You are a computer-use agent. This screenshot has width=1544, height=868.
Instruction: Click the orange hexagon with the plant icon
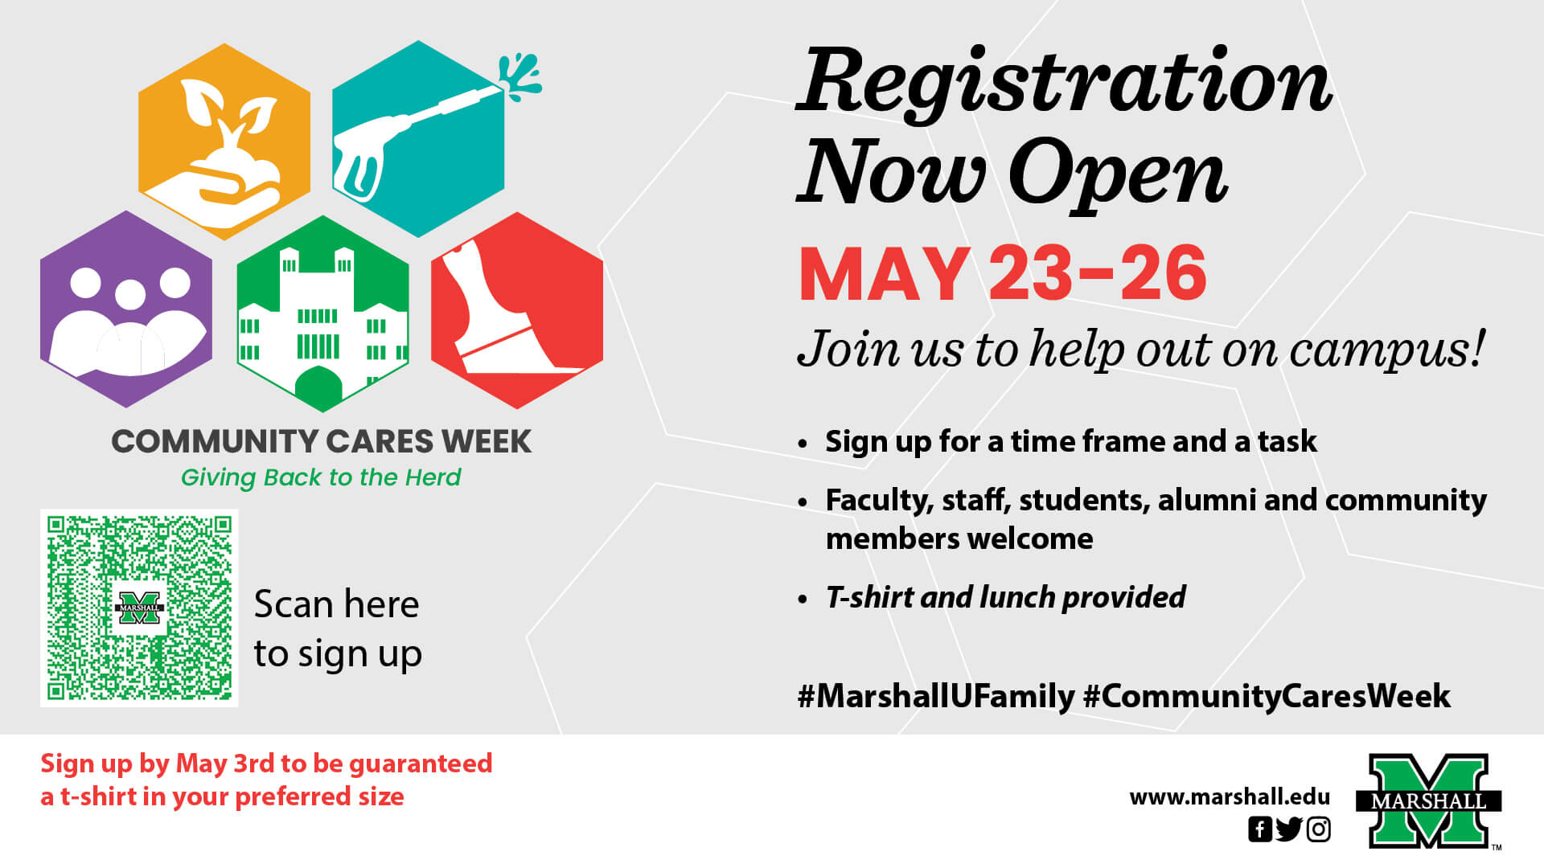coord(224,141)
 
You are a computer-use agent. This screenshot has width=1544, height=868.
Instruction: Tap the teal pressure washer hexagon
coord(418,139)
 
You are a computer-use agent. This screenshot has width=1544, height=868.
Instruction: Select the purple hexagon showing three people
coord(126,309)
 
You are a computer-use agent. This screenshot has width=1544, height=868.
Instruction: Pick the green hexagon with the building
coord(322,313)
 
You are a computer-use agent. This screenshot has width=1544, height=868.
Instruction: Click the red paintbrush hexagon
coord(517,310)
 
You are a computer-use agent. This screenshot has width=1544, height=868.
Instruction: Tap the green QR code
coord(139,608)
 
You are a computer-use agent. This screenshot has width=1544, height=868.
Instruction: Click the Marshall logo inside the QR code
coord(140,608)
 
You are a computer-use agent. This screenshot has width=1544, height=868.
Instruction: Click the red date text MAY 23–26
coord(1003,275)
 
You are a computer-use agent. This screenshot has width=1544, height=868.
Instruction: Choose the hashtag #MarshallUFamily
coord(935,696)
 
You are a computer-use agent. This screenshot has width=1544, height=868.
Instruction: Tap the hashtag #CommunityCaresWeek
coord(1267,696)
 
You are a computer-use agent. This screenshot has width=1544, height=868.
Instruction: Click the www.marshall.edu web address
coord(1230,797)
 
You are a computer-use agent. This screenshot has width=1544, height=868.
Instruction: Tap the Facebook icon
coord(1260,829)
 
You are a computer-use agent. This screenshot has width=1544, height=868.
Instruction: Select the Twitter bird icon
coord(1289,829)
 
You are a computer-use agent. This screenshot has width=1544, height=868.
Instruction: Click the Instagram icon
coord(1319,829)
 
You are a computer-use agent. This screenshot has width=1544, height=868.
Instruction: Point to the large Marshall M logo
coord(1429,800)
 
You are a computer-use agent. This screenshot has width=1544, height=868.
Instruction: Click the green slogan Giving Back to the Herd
coord(321,477)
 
